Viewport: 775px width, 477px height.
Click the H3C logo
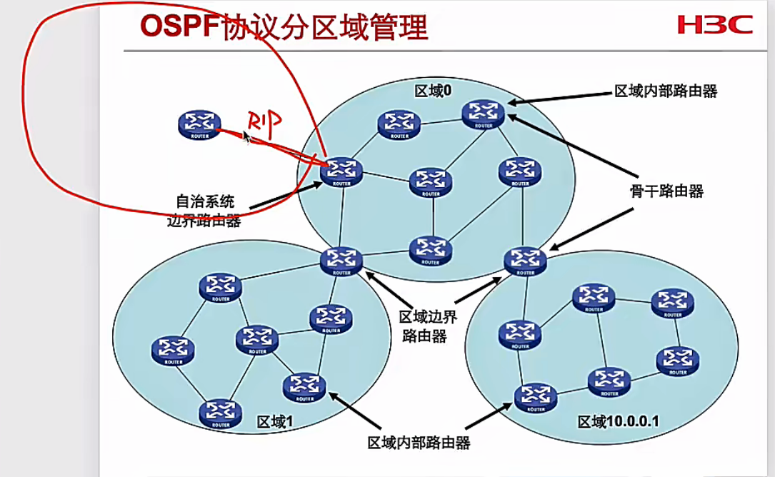coord(715,25)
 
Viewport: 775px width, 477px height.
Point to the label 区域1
coord(275,422)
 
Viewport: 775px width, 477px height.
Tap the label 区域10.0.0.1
coord(619,422)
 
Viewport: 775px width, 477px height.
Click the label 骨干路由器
coord(666,191)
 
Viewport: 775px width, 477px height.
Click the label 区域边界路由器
coord(424,326)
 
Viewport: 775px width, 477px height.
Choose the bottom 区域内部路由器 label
coord(419,443)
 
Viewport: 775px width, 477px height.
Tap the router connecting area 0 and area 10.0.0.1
coord(526,261)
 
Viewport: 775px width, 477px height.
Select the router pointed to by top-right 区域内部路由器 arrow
coord(484,114)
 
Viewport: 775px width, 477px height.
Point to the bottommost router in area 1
coord(220,412)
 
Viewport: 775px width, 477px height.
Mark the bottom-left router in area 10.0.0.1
coord(535,397)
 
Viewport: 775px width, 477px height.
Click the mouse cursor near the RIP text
coord(246,136)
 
